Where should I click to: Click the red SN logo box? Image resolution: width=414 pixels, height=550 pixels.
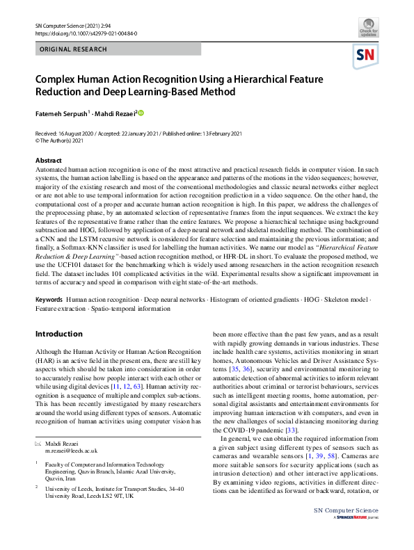(x=367, y=56)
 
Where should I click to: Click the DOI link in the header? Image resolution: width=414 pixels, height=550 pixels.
(x=86, y=33)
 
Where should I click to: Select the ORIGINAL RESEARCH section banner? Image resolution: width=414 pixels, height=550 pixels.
(x=73, y=49)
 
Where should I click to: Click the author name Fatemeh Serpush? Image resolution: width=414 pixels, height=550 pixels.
(x=61, y=113)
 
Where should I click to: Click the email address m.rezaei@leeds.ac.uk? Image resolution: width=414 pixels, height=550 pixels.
(x=72, y=451)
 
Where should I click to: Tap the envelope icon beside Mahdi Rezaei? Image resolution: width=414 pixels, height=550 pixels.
(x=38, y=443)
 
